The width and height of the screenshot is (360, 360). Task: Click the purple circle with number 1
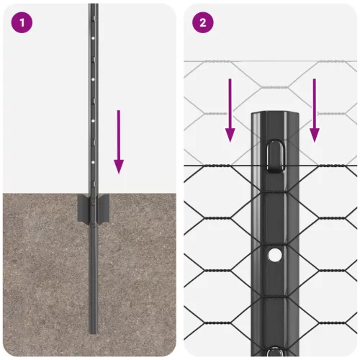(22, 22)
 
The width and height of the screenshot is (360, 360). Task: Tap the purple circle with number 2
(203, 22)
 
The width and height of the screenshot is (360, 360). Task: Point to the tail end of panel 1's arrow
(119, 112)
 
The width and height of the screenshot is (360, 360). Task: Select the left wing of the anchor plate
(83, 208)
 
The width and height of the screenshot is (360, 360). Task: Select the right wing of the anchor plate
(106, 208)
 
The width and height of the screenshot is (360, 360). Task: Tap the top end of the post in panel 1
(94, 6)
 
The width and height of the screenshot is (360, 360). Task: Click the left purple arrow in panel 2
(230, 112)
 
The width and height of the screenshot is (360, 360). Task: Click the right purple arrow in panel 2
(315, 112)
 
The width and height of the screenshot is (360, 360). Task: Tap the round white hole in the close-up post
(274, 255)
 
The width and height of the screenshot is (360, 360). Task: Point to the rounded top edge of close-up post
(274, 114)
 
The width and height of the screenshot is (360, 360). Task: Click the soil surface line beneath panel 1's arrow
(119, 194)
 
